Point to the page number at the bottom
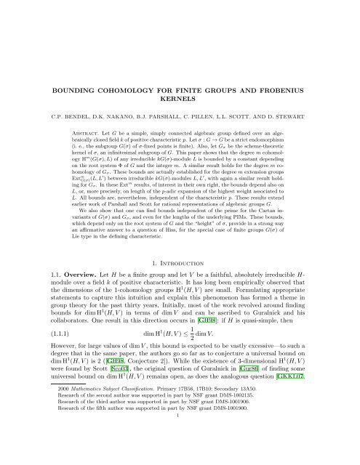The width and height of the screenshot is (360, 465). [180, 457]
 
